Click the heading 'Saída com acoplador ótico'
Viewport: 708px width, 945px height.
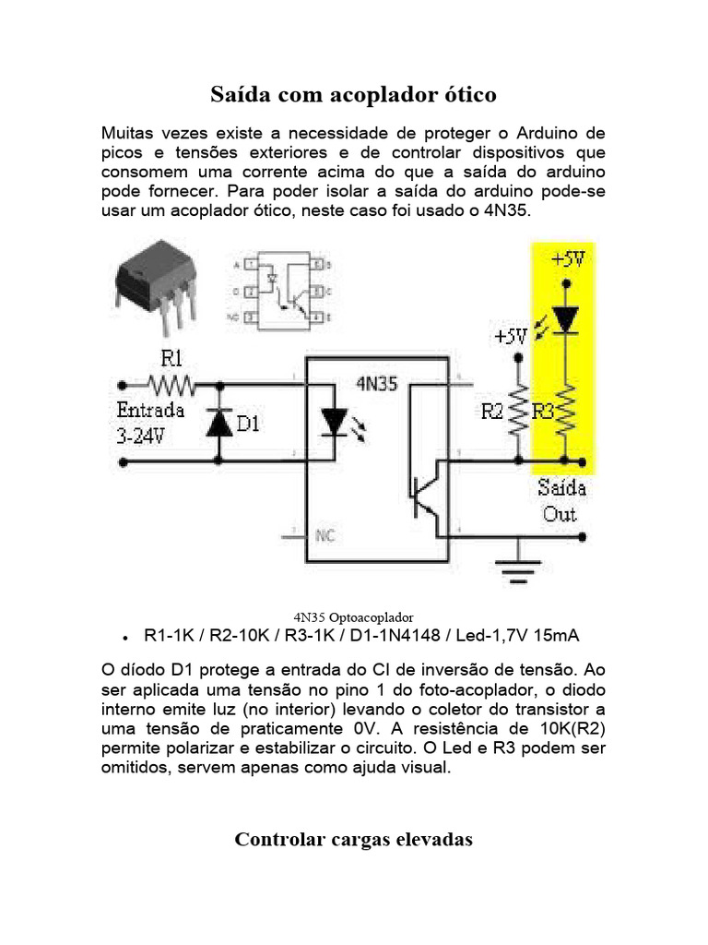pyautogui.click(x=353, y=94)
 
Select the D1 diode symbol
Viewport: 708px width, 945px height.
pyautogui.click(x=218, y=423)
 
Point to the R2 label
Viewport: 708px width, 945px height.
pyautogui.click(x=493, y=411)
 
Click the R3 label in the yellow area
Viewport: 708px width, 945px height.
pyautogui.click(x=543, y=411)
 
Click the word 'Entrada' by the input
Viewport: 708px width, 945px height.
pyautogui.click(x=150, y=410)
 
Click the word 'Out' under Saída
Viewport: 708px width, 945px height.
pyautogui.click(x=560, y=514)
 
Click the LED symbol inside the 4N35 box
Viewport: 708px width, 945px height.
pyautogui.click(x=334, y=423)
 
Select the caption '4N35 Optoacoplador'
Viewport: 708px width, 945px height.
pyautogui.click(x=353, y=616)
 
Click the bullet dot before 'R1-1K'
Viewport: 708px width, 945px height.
pyautogui.click(x=124, y=638)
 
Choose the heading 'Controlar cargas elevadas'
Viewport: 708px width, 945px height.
pyautogui.click(x=353, y=839)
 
